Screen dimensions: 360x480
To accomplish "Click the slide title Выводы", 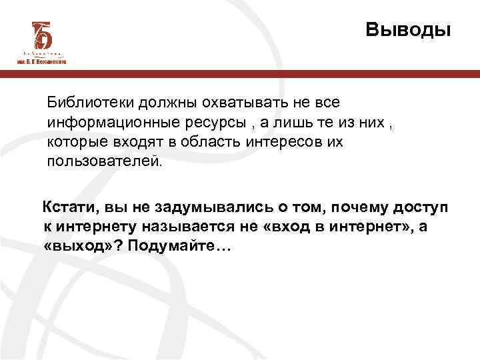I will coord(408,30).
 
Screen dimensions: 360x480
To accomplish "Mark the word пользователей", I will coord(103,162).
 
